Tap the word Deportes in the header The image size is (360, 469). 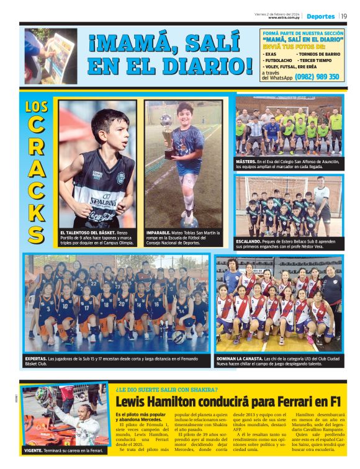pos(320,16)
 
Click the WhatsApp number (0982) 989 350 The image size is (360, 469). pos(317,77)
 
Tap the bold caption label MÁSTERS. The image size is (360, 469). pos(246,161)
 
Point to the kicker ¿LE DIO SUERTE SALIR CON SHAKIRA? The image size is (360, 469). pos(166,389)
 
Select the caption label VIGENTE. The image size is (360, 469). pos(35,450)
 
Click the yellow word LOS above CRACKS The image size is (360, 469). pos(37,106)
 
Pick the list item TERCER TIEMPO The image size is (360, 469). pos(319,60)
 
